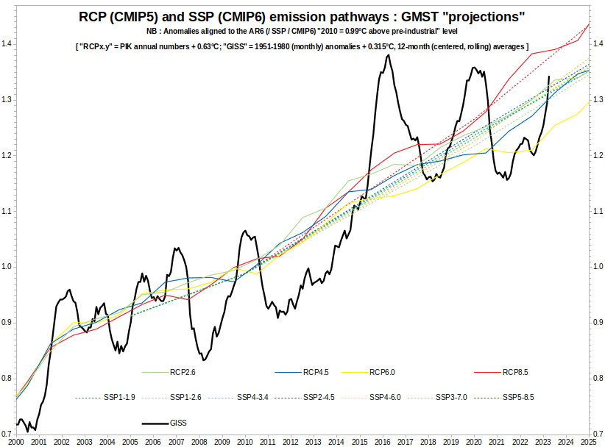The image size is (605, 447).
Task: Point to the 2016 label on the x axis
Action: point(382,441)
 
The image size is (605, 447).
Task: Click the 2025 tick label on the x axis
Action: point(588,441)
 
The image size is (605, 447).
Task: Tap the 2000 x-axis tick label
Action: point(16,441)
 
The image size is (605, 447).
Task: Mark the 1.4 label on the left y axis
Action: point(7,44)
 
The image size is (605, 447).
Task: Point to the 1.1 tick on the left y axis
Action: point(7,211)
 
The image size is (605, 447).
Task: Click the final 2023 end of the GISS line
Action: point(549,76)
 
